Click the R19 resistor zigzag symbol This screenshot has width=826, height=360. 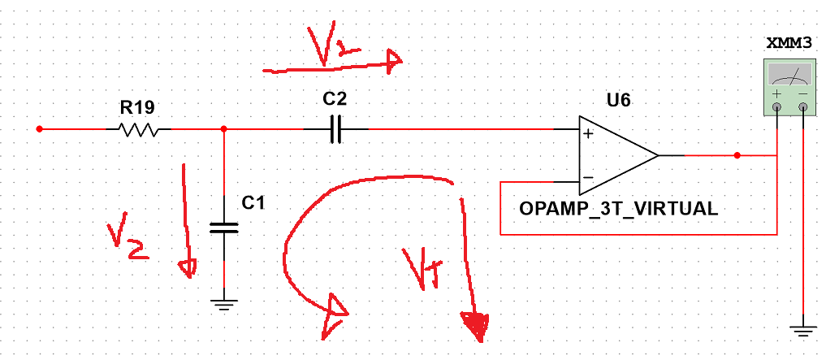[x=137, y=129]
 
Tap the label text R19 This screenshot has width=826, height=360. [x=137, y=107]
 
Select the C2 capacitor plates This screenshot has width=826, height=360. [x=335, y=129]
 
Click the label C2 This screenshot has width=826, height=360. [x=335, y=99]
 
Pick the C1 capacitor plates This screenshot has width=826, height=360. [x=224, y=228]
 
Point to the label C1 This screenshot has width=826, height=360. [x=253, y=202]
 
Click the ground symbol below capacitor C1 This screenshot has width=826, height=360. [x=224, y=304]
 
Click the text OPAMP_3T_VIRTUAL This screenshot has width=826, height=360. [x=618, y=209]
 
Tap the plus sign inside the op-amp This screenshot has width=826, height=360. [x=588, y=133]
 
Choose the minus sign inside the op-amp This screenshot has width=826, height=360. [x=588, y=177]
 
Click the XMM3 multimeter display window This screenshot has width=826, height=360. [x=789, y=76]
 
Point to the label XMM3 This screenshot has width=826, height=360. [x=790, y=44]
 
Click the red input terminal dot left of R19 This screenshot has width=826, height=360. [x=39, y=129]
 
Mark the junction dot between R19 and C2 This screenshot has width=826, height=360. [x=224, y=129]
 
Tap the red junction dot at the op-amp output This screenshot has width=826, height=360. [x=737, y=155]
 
